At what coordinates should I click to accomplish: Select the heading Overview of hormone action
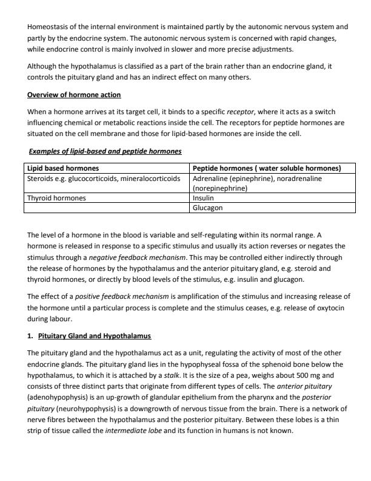(74, 95)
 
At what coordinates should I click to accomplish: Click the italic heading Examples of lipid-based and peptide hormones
(105, 151)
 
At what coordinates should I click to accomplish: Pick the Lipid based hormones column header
(63, 168)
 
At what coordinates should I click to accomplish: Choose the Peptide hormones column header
(266, 168)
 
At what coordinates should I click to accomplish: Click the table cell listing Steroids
(104, 179)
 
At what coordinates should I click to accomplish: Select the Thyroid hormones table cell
(56, 197)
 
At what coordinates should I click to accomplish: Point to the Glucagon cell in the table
(207, 207)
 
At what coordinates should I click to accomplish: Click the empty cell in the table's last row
(107, 207)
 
